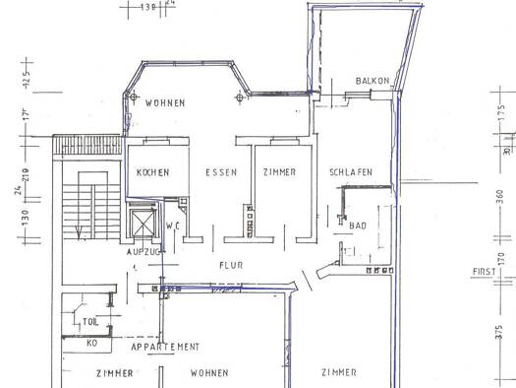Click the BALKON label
pyautogui.click(x=373, y=81)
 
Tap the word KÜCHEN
pyautogui.click(x=152, y=172)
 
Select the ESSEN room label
pyautogui.click(x=221, y=172)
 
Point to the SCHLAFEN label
pyautogui.click(x=351, y=172)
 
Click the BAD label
pyautogui.click(x=358, y=226)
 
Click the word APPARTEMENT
pyautogui.click(x=165, y=347)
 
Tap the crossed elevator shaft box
pyautogui.click(x=143, y=224)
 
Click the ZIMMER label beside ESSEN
pyautogui.click(x=279, y=172)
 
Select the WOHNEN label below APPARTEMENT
pyautogui.click(x=208, y=373)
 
